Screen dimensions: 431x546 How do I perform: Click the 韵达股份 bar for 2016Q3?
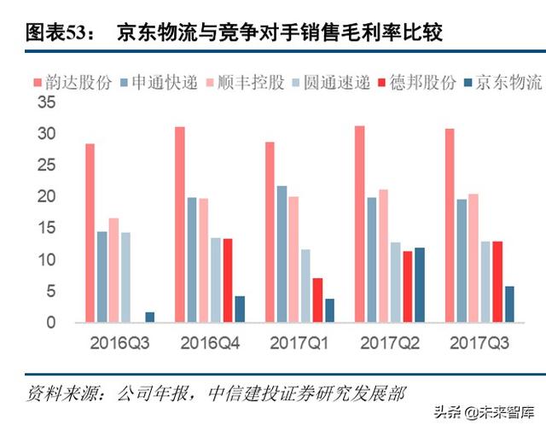click(x=90, y=233)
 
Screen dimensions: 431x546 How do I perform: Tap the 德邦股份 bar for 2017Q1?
click(x=317, y=300)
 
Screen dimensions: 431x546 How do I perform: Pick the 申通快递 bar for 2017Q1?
click(x=282, y=254)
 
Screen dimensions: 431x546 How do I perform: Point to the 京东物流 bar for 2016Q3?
click(x=150, y=317)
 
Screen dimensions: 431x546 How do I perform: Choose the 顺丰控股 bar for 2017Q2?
click(x=383, y=256)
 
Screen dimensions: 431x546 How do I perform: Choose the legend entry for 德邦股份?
click(x=423, y=83)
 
